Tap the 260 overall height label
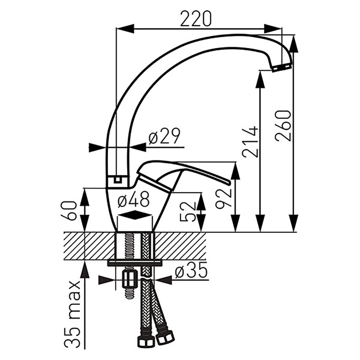[284, 126]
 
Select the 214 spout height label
[251, 141]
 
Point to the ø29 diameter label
[164, 136]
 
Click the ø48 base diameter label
[134, 199]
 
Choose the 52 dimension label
[188, 211]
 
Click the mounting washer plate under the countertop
[135, 263]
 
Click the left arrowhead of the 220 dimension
[125, 28]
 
